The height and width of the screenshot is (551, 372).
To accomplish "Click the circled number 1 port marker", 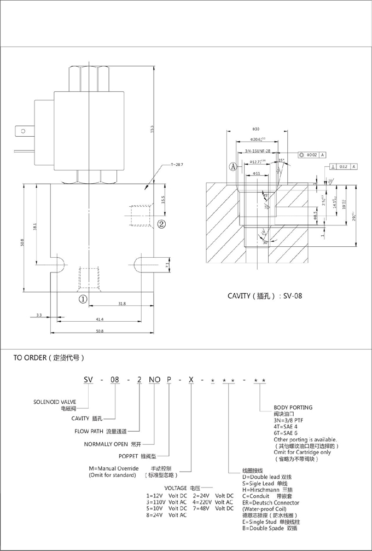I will tap(83, 299).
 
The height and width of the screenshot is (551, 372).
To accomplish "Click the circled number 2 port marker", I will tap(161, 223).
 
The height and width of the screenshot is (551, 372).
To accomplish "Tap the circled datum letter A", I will tap(233, 166).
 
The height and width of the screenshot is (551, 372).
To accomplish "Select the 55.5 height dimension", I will tap(152, 130).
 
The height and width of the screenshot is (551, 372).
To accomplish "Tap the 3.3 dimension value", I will tap(38, 316).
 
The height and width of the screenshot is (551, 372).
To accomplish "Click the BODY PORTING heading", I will tap(293, 408).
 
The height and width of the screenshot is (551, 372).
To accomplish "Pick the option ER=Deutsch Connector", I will tap(271, 503).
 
